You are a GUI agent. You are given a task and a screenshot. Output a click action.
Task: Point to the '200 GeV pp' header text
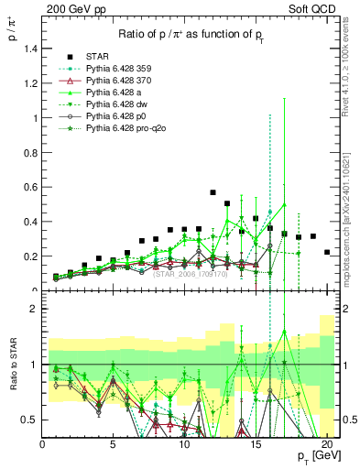[x=71, y=8]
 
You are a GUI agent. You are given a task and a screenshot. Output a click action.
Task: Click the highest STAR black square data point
[x=213, y=192]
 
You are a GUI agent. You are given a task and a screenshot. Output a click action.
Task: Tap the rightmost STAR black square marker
[x=327, y=252]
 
